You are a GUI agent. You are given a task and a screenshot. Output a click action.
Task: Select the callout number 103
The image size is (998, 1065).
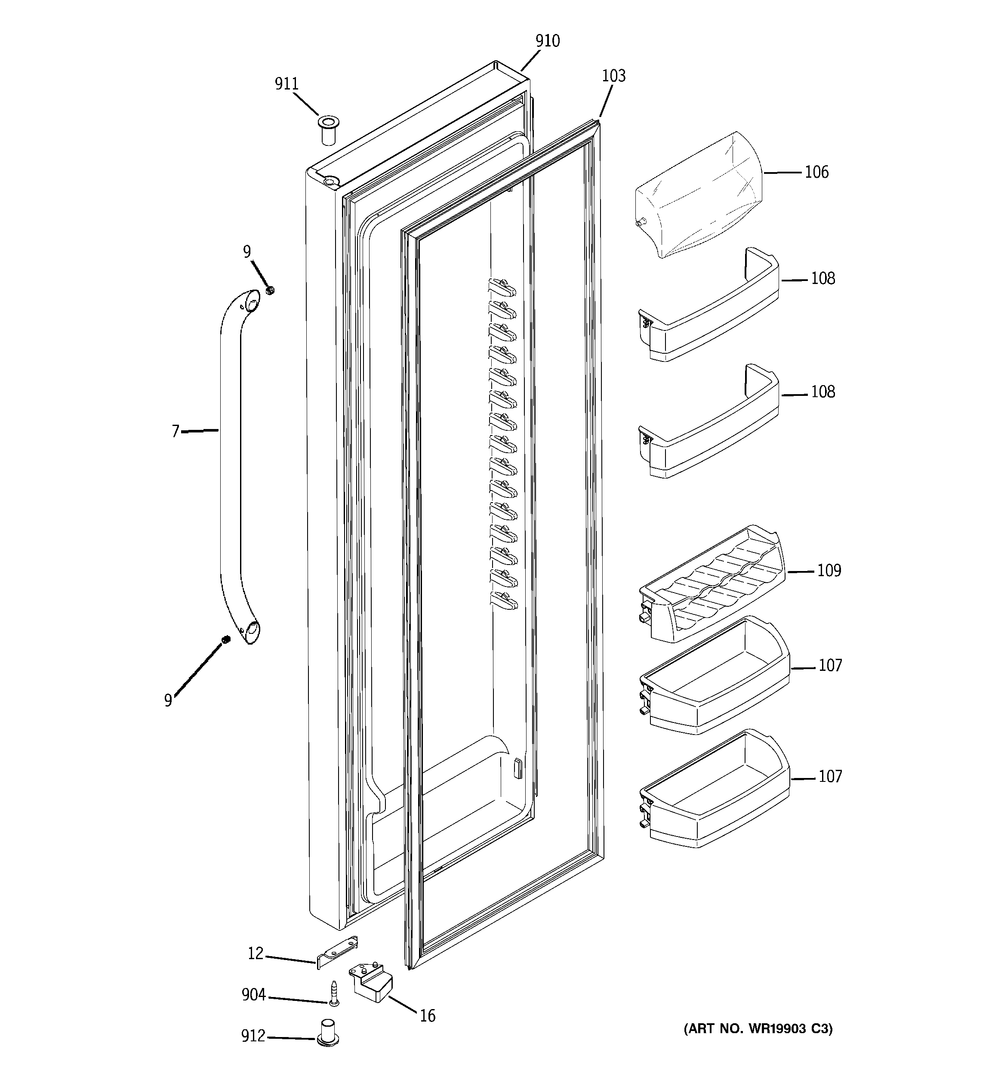click(613, 76)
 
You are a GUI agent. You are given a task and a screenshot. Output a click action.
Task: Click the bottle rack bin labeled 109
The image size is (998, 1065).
click(712, 584)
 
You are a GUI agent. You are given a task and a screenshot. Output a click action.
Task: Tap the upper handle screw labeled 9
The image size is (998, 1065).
click(271, 290)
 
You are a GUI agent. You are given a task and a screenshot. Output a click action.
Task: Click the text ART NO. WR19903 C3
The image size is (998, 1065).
click(758, 1028)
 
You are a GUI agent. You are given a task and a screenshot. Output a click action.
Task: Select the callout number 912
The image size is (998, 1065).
click(253, 1036)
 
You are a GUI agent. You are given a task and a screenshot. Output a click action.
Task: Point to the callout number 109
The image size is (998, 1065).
click(829, 571)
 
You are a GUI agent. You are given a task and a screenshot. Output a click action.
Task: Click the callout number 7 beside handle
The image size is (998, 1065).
click(175, 431)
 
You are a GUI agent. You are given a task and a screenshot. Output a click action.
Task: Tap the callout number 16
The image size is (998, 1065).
click(427, 1016)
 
